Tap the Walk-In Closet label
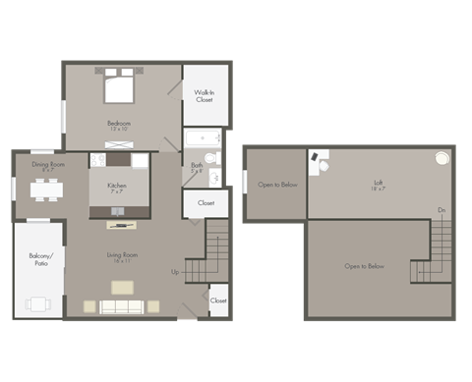pos(205,95)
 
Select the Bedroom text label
pos(119,125)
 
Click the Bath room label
pos(197,167)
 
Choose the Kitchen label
pos(118,187)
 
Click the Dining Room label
pos(48,166)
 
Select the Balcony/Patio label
pos(39,260)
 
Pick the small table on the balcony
pos(38,303)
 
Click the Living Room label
pos(123,257)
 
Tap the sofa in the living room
pos(121,306)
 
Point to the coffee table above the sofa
pos(122,287)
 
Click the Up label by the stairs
pos(175,272)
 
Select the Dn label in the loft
pos(442,211)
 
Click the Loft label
pos(378,184)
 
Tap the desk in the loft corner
pos(320,160)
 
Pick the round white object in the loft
pos(442,158)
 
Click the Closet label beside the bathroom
pos(206,203)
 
